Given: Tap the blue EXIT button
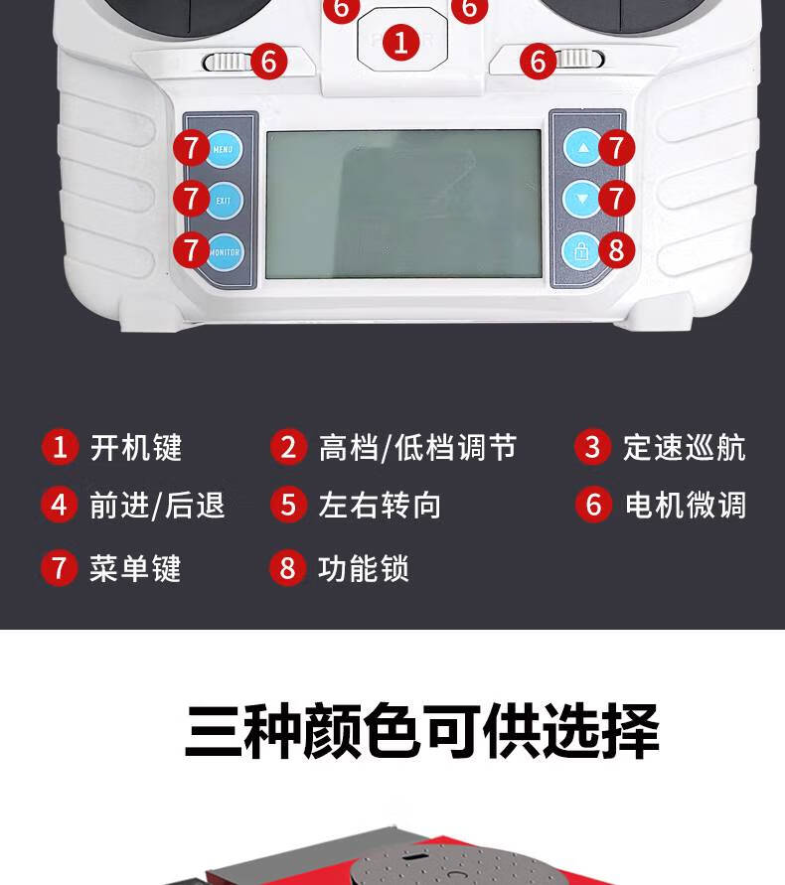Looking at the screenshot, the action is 225,201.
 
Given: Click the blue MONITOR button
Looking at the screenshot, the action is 225,251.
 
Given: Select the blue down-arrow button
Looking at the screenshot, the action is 581,199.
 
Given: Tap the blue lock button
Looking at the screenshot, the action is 581,250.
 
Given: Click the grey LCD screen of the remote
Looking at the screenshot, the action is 403,205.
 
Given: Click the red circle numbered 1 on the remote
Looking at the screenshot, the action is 401,43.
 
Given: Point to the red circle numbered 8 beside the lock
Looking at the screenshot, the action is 616,250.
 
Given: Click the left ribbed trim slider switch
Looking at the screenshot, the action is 227,62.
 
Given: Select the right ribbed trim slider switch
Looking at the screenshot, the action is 580,59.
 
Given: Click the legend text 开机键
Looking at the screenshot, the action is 136,448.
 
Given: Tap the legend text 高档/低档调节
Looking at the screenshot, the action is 418,448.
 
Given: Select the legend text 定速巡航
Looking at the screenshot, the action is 685,448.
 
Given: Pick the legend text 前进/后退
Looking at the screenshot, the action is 158,505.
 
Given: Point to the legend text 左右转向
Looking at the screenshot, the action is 380,505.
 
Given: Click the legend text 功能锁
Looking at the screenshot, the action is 364,568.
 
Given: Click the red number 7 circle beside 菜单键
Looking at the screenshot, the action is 60,568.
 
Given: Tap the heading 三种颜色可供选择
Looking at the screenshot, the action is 422,731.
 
